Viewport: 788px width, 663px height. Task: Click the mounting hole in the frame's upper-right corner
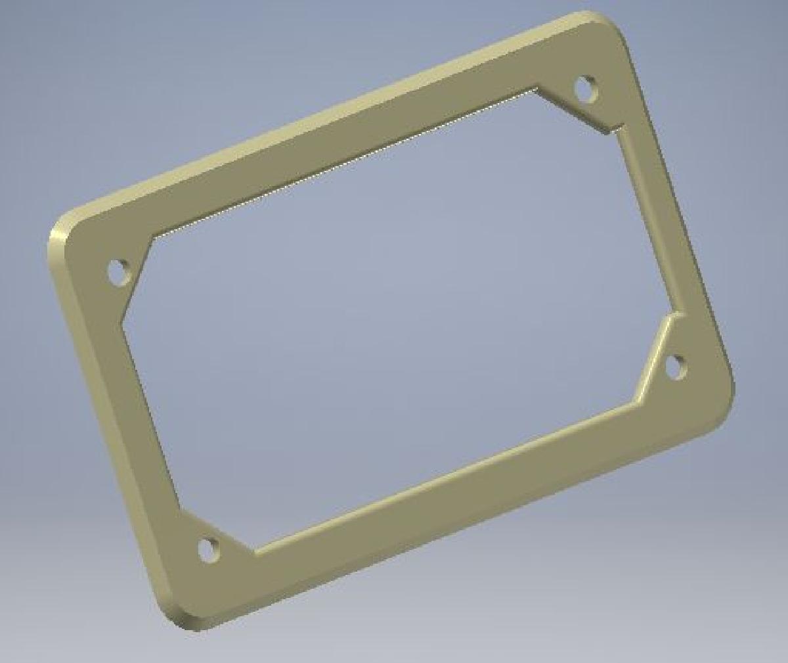tap(585, 87)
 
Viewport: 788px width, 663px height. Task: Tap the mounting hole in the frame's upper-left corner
tap(119, 271)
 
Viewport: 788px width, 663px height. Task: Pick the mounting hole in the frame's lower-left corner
tap(208, 549)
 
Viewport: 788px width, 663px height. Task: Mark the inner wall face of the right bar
tap(647, 217)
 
